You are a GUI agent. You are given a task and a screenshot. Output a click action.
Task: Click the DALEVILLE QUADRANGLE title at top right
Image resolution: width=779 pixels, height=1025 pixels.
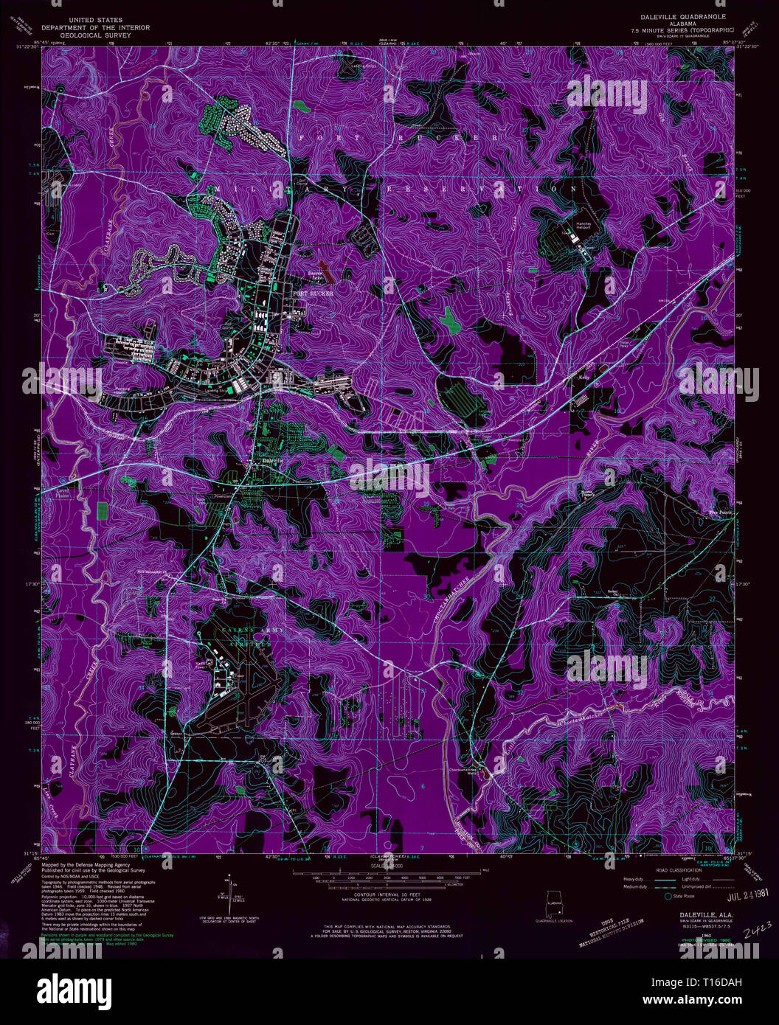coord(679,15)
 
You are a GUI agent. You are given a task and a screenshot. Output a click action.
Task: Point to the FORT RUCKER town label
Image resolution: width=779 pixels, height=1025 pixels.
coord(314,293)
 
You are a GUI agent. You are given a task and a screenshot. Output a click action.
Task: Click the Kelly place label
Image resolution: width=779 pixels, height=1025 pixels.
coord(586,378)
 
